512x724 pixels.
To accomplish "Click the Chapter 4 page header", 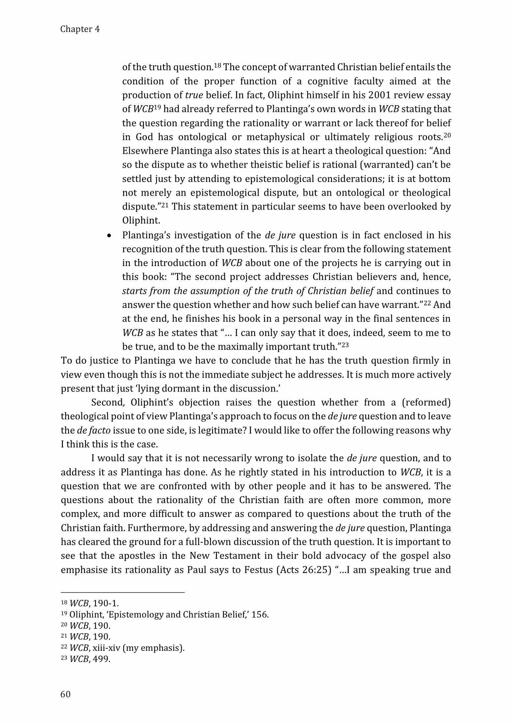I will pyautogui.click(x=80, y=29).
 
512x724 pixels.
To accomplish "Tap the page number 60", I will pyautogui.click(x=66, y=694).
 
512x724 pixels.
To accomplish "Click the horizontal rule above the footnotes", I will pyautogui.click(x=122, y=592).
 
